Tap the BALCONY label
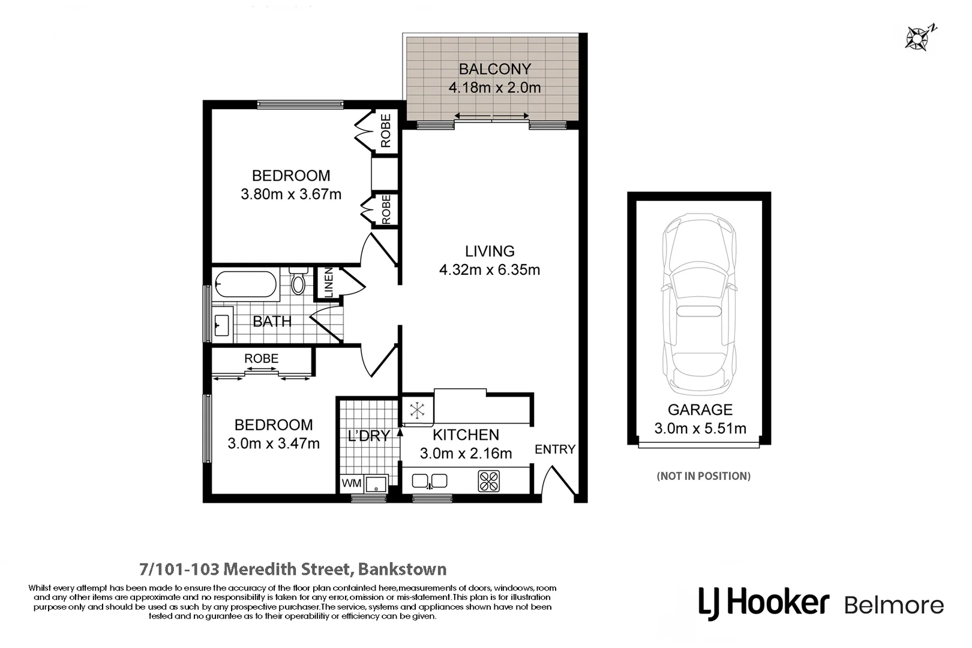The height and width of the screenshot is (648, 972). coord(494,69)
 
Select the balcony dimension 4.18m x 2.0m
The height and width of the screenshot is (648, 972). coord(494,88)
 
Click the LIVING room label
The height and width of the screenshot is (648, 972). coord(490,251)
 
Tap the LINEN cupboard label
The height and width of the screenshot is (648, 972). coord(328,283)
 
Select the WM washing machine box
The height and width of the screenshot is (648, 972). coord(351,483)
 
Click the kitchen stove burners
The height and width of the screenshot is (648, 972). coord(488,481)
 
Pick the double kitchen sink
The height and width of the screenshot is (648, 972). coord(430,481)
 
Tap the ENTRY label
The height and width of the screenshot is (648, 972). coord(554,449)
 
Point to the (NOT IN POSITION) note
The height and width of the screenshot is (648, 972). coord(703,476)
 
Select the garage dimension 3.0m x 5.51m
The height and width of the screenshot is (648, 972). coord(700,428)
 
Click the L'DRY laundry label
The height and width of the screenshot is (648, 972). coord(368,436)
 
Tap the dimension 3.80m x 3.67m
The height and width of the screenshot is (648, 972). coord(291,194)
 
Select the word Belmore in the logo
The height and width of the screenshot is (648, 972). coord(893,605)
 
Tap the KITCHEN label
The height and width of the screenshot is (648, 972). coord(466,434)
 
